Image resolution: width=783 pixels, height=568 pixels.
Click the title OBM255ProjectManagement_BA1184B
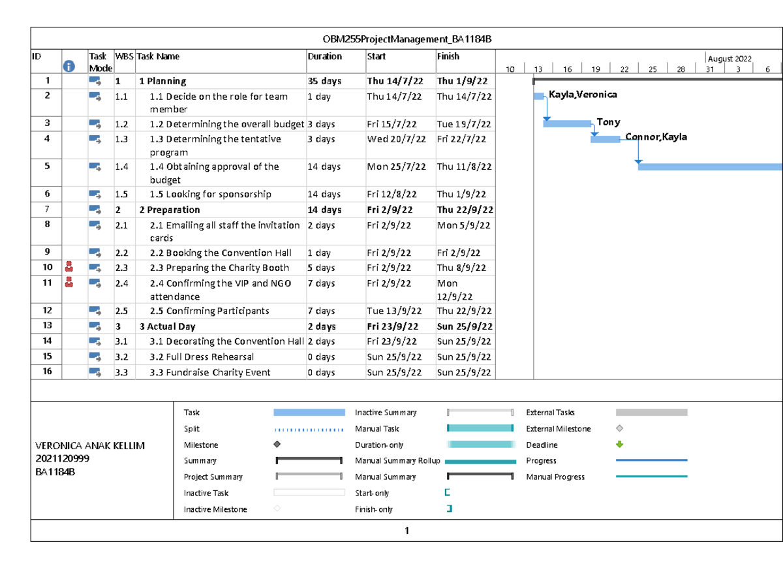[x=407, y=40]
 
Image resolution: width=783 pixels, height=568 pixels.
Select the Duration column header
[x=325, y=57]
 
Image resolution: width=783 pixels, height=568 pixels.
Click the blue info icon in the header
[x=69, y=66]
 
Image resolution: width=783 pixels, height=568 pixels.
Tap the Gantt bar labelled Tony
[x=568, y=123]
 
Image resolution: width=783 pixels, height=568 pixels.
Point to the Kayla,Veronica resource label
[x=583, y=95]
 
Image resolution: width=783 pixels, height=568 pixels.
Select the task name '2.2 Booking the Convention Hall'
[x=221, y=253]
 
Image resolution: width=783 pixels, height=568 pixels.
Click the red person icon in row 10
[x=69, y=267]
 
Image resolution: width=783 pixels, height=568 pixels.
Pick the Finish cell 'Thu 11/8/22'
[x=465, y=166]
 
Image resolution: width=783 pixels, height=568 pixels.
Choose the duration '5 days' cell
[x=321, y=268]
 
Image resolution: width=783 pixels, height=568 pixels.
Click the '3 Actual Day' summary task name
[x=167, y=326]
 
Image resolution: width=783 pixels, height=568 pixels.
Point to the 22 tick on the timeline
[x=624, y=69]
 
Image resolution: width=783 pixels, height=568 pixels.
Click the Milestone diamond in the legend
[x=277, y=445]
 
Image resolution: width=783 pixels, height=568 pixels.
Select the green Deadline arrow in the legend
[x=619, y=445]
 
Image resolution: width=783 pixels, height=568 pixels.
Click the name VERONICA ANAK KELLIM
[x=89, y=445]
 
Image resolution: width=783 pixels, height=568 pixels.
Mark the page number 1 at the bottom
[x=407, y=531]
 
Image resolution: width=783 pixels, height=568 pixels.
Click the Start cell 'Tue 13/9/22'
[x=390, y=311]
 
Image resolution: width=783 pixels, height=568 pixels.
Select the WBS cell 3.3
[x=121, y=373]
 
